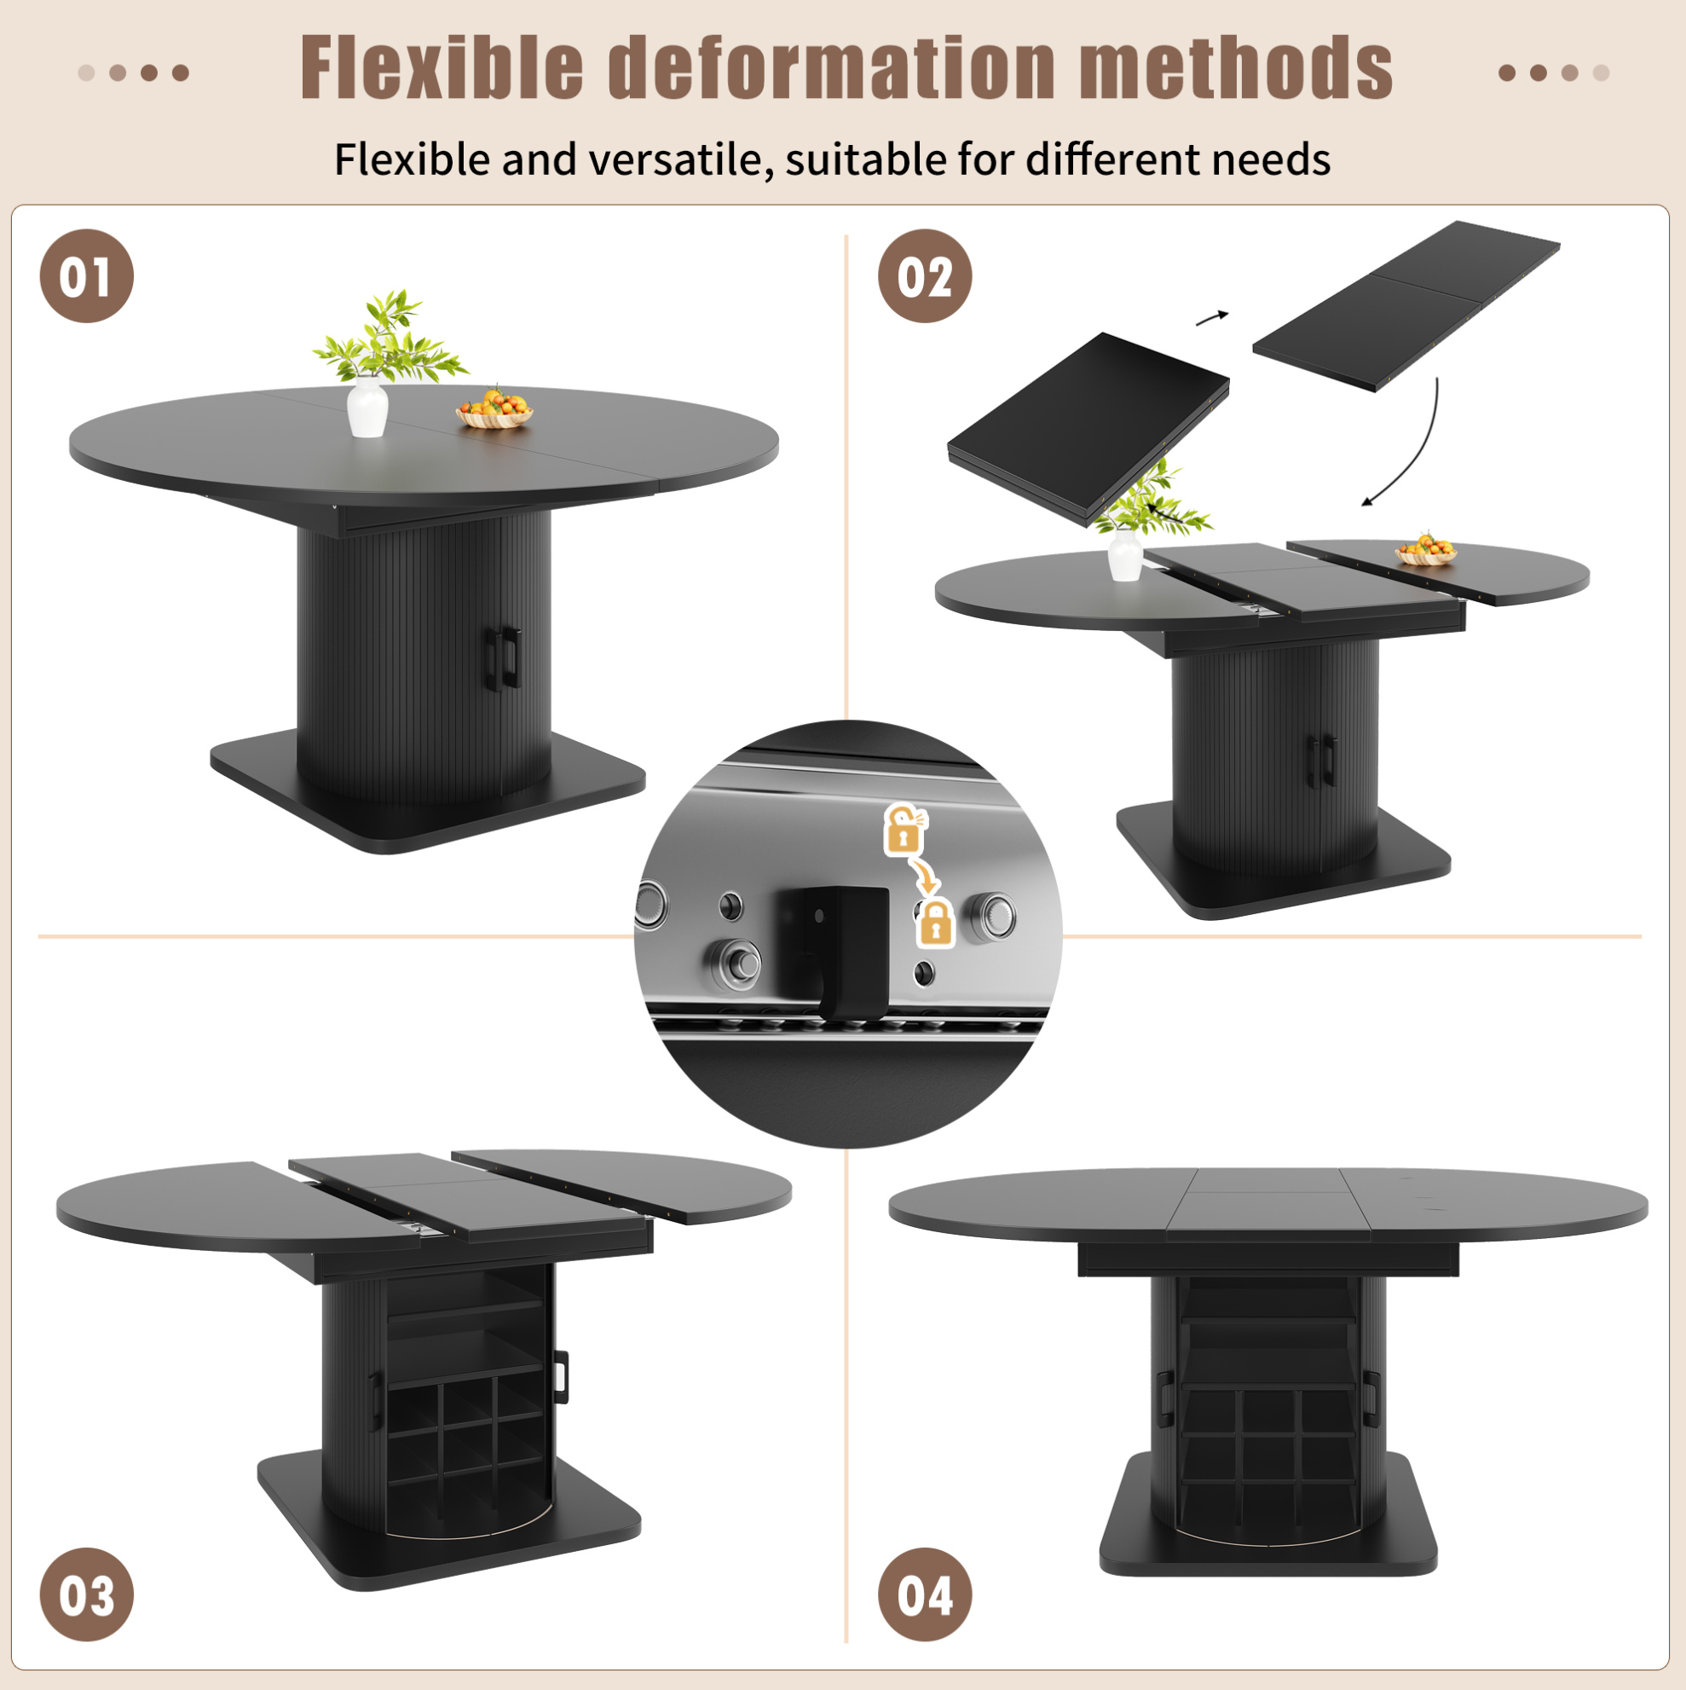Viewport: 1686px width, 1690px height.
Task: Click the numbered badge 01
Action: tap(87, 276)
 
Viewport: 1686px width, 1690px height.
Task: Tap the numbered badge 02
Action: tap(924, 276)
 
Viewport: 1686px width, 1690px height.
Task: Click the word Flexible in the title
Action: tap(442, 68)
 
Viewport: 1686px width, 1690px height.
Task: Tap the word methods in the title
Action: tap(1236, 68)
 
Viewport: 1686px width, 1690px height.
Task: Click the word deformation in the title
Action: tap(832, 68)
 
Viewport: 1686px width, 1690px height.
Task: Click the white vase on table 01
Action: tap(367, 407)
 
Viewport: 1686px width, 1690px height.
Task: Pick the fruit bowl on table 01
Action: tap(494, 409)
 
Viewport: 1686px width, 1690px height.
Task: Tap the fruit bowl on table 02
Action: tap(1425, 550)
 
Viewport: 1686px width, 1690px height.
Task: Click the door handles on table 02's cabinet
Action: tap(1321, 757)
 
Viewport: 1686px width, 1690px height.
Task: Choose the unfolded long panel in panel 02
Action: tap(1406, 304)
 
